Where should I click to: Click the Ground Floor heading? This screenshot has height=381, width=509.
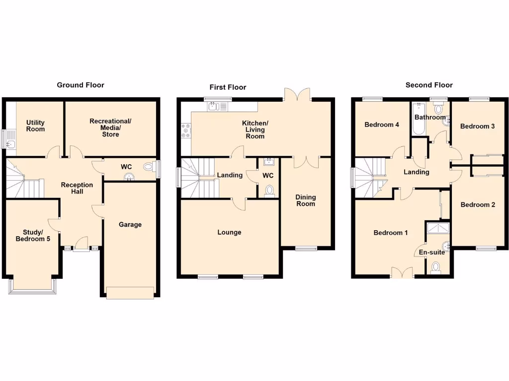click(x=81, y=85)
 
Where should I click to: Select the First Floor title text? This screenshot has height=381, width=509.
click(x=228, y=87)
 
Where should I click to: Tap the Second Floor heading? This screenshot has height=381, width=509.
click(x=429, y=85)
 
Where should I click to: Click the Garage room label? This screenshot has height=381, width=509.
click(x=130, y=225)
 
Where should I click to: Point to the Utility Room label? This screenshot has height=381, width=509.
click(x=35, y=126)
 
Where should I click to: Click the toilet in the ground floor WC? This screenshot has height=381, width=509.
click(x=148, y=166)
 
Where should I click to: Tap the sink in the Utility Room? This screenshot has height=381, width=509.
click(x=11, y=144)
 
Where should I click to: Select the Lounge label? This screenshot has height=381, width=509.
click(x=229, y=232)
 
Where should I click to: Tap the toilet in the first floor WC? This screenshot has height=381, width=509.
click(x=269, y=190)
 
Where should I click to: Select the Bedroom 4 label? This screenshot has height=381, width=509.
click(x=382, y=125)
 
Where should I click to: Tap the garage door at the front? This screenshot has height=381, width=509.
click(x=130, y=293)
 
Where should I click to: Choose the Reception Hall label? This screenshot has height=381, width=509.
click(x=77, y=188)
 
